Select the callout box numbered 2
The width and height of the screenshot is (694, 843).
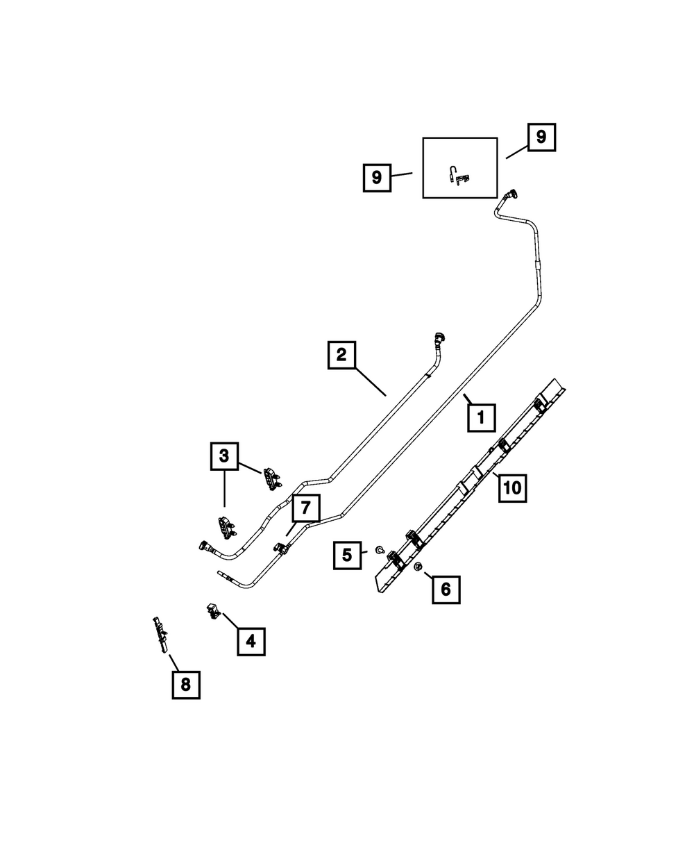coord(341,356)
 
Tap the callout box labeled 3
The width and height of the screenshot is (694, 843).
coord(224,456)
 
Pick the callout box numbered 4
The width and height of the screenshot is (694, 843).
coord(251,641)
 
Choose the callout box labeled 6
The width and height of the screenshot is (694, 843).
coord(446,590)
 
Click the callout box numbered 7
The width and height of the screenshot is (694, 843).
coord(305,509)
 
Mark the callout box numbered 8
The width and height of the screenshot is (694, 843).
coord(185,684)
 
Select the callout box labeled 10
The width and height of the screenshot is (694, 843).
coord(511,487)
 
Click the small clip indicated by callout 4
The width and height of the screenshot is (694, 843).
coord(212,611)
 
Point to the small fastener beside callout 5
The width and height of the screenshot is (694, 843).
coord(379,550)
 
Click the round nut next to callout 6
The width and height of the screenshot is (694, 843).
coord(418,569)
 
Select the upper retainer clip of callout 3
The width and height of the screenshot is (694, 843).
coord(270,478)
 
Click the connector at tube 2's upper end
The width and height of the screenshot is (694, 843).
coord(438,340)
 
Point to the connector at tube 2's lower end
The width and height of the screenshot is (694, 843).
coord(205,546)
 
